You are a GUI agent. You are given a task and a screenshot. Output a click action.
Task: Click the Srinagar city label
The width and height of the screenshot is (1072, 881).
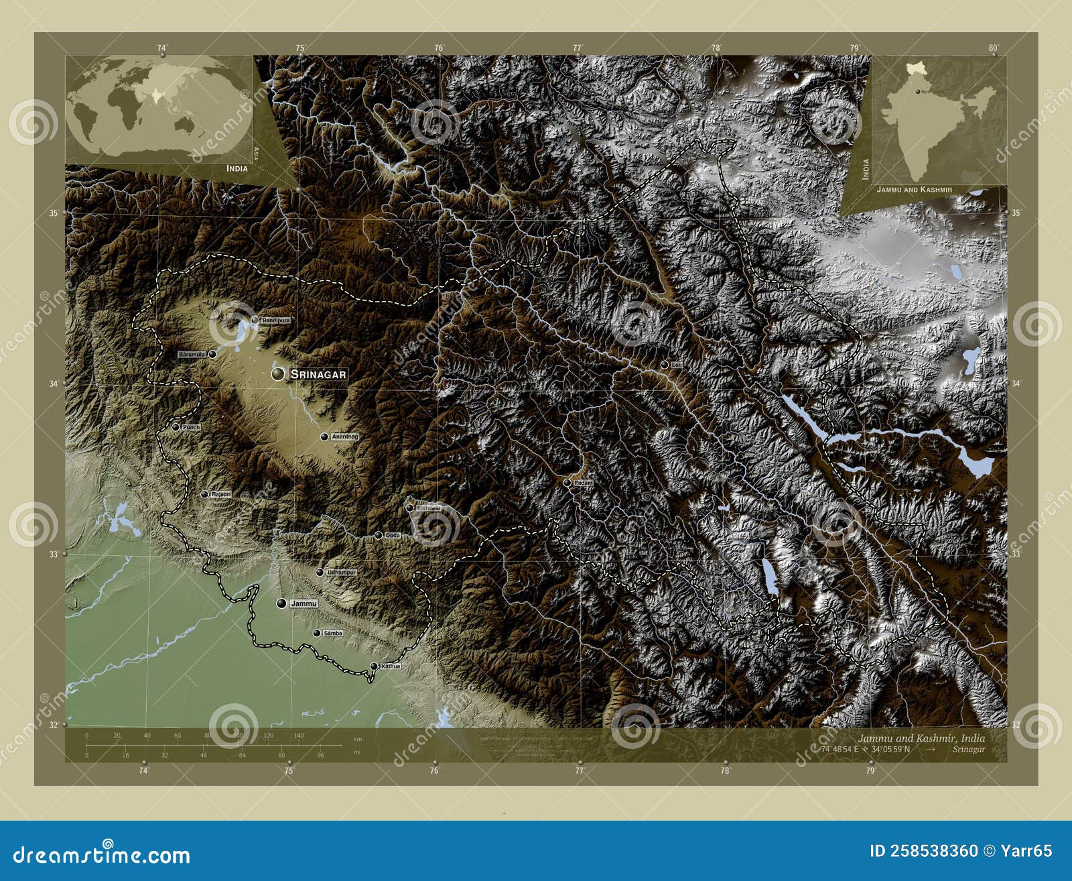click(319, 374)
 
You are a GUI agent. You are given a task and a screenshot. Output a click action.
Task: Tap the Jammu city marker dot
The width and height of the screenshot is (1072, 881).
click(282, 603)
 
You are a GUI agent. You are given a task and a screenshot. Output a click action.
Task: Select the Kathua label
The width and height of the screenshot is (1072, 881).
click(390, 666)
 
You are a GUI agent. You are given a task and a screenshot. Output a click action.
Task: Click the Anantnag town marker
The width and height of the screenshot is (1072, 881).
click(324, 436)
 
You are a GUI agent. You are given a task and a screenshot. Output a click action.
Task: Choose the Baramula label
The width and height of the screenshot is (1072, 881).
click(192, 354)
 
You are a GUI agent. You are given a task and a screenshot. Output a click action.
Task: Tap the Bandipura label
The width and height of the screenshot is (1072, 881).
click(276, 320)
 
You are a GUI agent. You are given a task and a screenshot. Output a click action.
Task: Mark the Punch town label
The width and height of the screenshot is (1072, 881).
click(191, 427)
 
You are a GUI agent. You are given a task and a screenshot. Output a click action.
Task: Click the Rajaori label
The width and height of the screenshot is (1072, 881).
click(221, 494)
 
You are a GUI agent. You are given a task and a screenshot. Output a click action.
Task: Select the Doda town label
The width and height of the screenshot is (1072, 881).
click(393, 535)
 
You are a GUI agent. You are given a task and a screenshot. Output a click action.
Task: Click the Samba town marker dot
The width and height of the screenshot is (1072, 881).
click(317, 633)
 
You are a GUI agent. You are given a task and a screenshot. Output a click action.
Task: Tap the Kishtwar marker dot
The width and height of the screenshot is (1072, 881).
click(409, 508)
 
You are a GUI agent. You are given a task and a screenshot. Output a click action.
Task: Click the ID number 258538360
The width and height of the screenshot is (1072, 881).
click(924, 851)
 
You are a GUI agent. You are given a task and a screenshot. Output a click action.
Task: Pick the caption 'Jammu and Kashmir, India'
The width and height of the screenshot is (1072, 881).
click(921, 738)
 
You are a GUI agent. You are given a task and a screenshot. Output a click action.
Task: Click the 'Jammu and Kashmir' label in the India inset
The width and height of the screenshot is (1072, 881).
click(915, 190)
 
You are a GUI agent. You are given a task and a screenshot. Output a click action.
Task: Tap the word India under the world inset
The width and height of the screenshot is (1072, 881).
click(237, 168)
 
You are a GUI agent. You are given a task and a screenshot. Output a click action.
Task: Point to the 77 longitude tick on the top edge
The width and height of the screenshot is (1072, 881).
click(578, 48)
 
